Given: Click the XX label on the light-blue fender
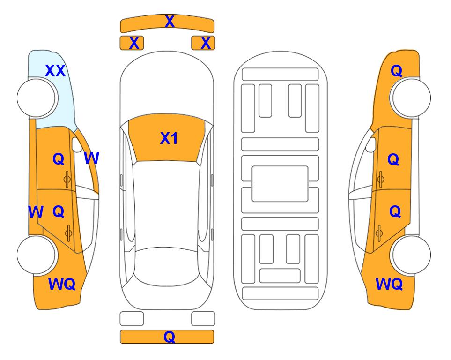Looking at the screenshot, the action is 55,71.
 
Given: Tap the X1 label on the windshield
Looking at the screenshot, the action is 169,138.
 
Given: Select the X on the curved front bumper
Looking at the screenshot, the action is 170,22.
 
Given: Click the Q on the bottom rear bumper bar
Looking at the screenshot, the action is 169,337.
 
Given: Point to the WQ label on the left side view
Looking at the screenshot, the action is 62,284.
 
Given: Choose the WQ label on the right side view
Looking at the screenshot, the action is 389,284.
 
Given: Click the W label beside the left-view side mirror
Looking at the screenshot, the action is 92,157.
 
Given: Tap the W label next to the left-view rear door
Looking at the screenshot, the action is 36,212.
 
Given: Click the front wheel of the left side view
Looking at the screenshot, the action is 36,98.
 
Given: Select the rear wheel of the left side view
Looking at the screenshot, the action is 36,255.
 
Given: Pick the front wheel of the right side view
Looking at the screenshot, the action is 411,98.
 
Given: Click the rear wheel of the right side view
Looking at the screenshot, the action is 411,255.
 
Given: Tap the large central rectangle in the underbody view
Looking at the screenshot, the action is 280,184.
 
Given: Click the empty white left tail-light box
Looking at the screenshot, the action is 132,319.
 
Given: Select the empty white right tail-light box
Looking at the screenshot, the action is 203,319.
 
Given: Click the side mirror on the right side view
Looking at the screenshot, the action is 371,145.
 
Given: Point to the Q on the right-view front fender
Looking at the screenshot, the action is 396,71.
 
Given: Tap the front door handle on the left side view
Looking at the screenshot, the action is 67,179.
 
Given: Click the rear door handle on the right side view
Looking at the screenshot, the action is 379,233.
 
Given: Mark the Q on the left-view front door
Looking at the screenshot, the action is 59,159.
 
